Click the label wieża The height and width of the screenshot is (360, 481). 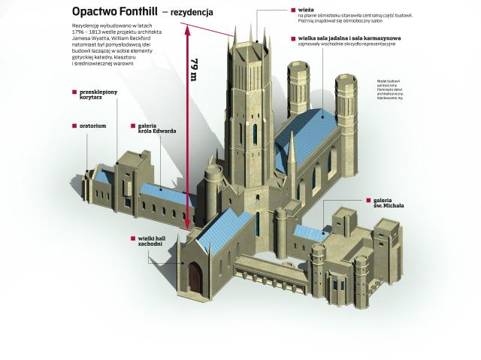tap(307, 11)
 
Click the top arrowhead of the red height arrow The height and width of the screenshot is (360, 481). tap(187, 29)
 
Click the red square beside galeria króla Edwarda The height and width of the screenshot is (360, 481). tap(132, 125)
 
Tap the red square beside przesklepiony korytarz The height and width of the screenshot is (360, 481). tap(74, 92)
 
